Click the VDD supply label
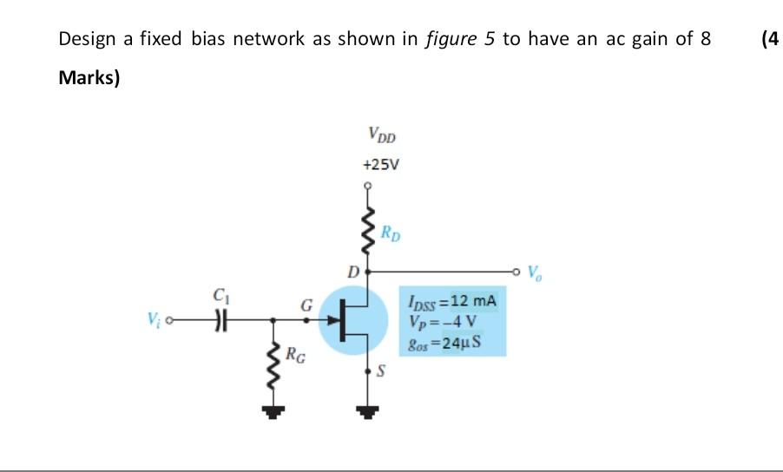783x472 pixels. [380, 135]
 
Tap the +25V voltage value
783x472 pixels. [380, 163]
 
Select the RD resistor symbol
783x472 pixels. [368, 232]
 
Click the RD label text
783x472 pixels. [392, 233]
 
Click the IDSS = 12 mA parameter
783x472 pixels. [451, 303]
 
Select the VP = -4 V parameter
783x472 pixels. [442, 322]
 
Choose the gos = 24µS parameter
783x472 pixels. [444, 342]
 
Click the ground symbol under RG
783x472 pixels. [274, 412]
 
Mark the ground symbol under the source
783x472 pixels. [368, 412]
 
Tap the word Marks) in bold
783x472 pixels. [89, 78]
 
